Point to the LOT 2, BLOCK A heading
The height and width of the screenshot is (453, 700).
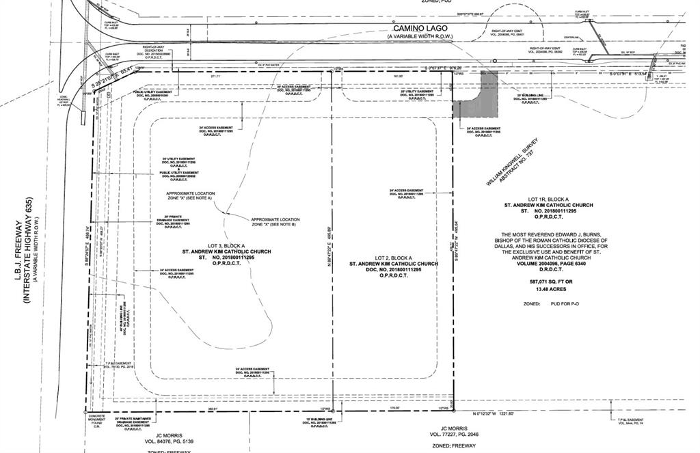click(x=393, y=256)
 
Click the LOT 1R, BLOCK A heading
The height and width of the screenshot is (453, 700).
click(x=549, y=198)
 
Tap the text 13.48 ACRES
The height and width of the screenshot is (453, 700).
click(x=549, y=288)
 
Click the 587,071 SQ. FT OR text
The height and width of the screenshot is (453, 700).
click(x=549, y=281)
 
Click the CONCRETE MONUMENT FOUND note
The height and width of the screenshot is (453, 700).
click(x=95, y=420)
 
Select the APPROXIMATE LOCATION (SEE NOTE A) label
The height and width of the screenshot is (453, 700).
click(x=190, y=196)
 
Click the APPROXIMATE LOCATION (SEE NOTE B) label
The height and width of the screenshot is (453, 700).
click(x=275, y=221)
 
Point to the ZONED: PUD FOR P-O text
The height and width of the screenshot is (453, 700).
click(x=552, y=303)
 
